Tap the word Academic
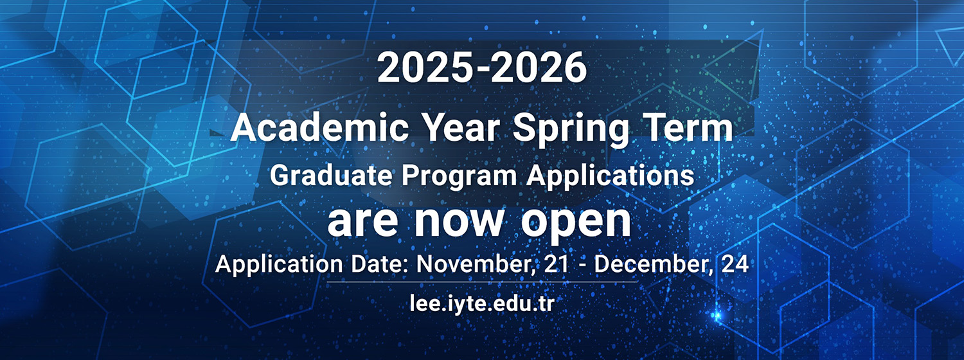click(x=319, y=128)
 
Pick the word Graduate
click(x=332, y=175)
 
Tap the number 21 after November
click(x=557, y=264)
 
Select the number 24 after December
click(x=735, y=264)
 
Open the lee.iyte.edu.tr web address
click(x=482, y=303)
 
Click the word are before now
click(x=362, y=221)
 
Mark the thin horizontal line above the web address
click(x=482, y=282)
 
